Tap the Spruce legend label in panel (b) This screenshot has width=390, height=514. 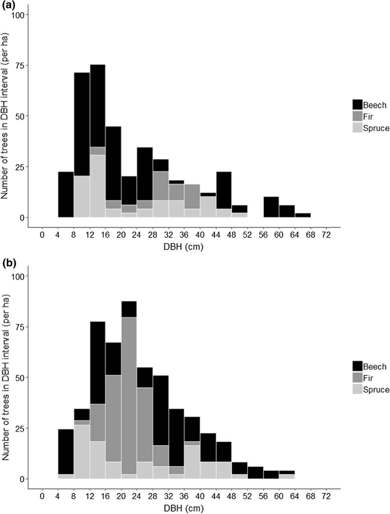point(376,389)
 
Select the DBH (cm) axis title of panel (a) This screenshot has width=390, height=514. point(184,247)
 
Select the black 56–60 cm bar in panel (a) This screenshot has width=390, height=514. point(271,207)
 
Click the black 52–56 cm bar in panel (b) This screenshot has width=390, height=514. point(255,473)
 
